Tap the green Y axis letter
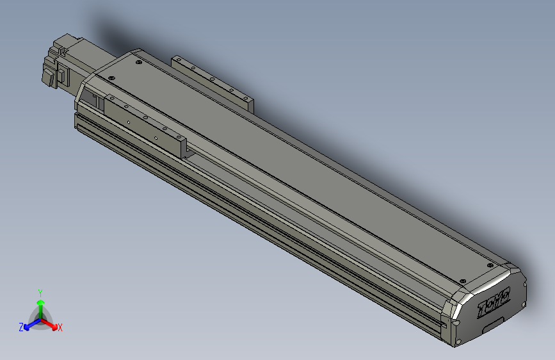40,293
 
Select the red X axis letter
60,327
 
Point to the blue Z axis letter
21,327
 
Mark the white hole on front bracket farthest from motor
156,136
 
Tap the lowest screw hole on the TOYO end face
458,340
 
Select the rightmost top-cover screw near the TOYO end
490,265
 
